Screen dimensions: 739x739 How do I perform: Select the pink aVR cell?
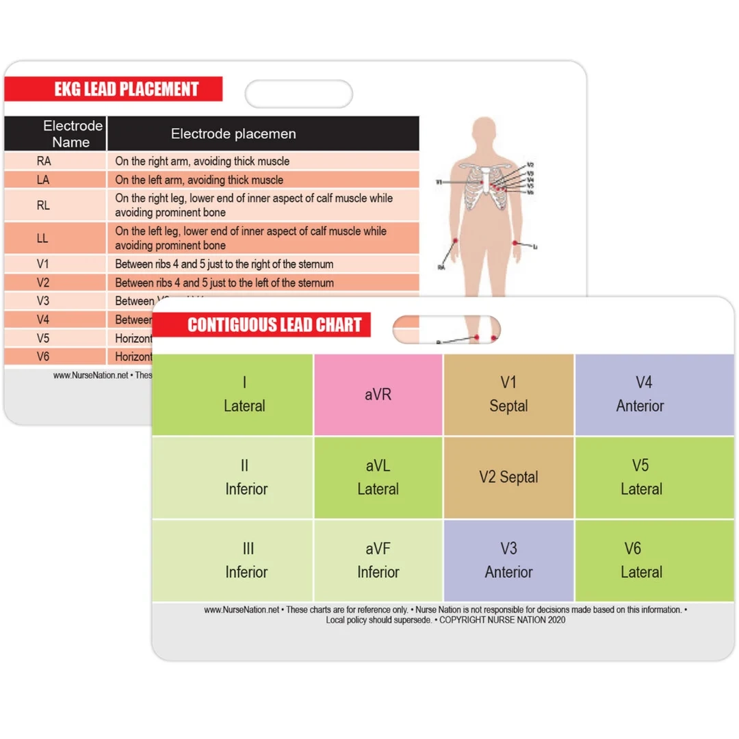tap(378, 395)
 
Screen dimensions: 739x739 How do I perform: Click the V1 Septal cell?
tap(508, 395)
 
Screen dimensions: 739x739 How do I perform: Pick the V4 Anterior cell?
tap(640, 395)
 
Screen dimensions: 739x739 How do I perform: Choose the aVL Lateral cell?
tap(378, 478)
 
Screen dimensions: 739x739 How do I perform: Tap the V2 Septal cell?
tap(508, 478)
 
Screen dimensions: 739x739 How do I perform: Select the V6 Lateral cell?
tap(640, 560)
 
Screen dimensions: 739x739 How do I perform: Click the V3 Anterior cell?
tap(508, 560)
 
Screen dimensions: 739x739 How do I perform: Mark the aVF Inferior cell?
tap(378, 560)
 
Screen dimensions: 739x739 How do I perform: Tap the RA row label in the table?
tap(44, 161)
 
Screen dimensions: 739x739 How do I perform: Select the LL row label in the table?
tap(42, 239)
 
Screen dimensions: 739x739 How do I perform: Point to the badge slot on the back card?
tap(299, 94)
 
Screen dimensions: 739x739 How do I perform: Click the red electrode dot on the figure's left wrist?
tap(514, 242)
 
